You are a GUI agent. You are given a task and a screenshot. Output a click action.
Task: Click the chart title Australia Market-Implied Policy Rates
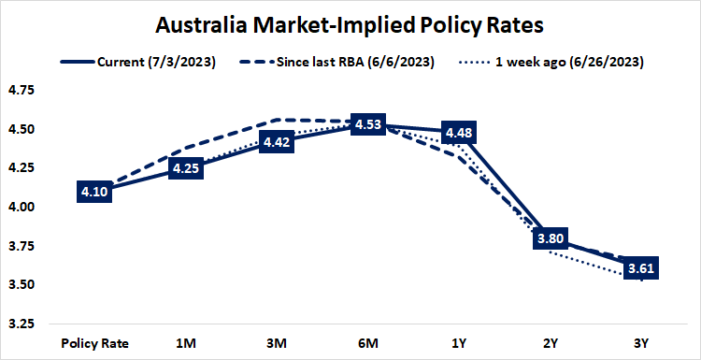point(350,23)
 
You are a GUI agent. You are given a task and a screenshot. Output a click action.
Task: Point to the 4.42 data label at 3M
point(279,142)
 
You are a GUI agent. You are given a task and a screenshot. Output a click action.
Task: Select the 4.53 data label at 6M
point(368,124)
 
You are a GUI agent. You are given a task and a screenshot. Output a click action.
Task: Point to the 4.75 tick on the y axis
point(21,91)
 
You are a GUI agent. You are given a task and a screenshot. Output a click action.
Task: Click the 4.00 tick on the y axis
point(21,208)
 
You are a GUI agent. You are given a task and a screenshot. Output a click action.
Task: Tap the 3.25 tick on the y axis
point(21,324)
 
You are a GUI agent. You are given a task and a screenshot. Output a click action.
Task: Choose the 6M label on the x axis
point(368,342)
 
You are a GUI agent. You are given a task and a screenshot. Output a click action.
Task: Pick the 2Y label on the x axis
point(551,342)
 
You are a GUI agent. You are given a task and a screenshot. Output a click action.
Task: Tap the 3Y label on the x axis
point(642,342)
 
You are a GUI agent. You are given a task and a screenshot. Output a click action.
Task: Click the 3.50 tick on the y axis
point(21,285)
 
